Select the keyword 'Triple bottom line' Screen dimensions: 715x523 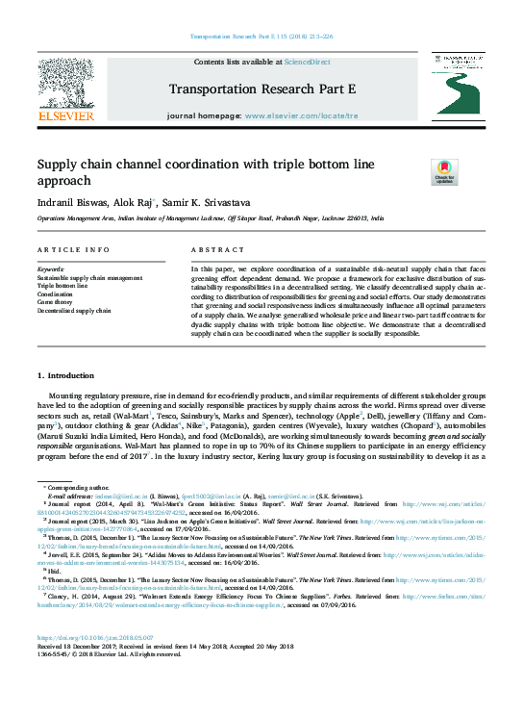pos(62,286)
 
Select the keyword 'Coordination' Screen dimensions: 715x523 pos(57,294)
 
